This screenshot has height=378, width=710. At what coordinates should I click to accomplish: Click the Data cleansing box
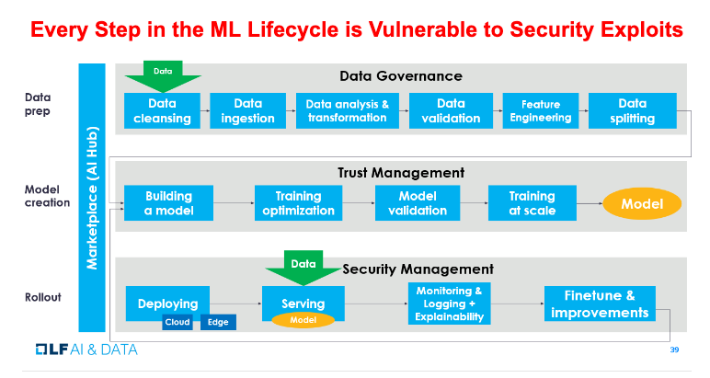(x=162, y=111)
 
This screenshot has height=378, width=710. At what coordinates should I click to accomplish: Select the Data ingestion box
(x=247, y=111)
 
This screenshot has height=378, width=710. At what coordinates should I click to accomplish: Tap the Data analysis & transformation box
(x=348, y=111)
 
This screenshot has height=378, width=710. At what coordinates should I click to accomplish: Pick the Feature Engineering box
(x=541, y=111)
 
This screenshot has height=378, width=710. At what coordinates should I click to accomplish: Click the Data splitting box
(x=633, y=111)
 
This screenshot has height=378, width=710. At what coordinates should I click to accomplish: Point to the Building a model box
(x=168, y=203)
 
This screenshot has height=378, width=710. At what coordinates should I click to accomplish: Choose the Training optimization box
(x=298, y=203)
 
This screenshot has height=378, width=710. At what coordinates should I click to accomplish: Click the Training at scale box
(x=532, y=203)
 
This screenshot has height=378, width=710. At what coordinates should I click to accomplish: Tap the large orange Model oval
(x=642, y=203)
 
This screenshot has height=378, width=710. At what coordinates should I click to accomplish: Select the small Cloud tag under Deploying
(x=177, y=322)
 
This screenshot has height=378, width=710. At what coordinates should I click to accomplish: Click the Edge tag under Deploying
(x=218, y=322)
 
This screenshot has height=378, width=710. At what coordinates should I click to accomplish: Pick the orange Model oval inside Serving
(x=303, y=320)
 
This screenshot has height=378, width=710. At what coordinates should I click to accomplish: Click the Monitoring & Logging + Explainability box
(x=449, y=304)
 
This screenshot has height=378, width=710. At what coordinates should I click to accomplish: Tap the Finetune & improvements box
(x=600, y=304)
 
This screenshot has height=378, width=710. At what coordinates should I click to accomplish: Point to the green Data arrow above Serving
(x=303, y=267)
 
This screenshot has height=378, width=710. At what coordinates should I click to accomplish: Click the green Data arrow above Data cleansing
(x=163, y=76)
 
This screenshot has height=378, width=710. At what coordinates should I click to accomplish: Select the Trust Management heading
(x=401, y=173)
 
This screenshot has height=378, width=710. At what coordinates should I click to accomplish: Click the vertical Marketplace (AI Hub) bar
(x=92, y=198)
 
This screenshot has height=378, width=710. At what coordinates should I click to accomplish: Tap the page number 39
(x=674, y=349)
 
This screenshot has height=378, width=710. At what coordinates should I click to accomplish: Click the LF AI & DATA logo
(x=86, y=349)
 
